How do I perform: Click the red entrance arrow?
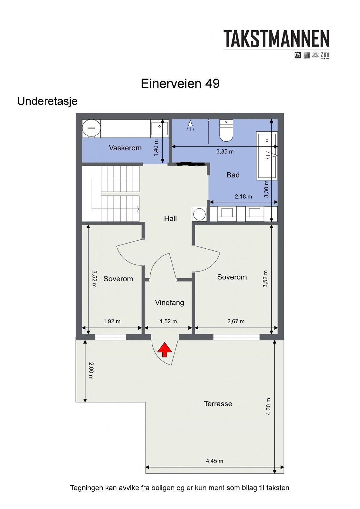165,350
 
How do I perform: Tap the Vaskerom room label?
125,148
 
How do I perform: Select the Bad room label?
233,175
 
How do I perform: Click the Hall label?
170,218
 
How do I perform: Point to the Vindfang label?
169,302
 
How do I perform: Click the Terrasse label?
218,404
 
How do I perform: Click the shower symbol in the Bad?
190,125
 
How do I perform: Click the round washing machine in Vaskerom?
91,128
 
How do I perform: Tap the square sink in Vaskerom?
159,129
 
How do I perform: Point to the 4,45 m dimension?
214,461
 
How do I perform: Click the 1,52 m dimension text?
168,322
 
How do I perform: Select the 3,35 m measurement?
225,152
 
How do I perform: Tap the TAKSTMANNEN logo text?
276,39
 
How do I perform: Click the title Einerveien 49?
180,84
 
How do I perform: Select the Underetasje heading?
47,101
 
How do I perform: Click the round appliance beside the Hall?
199,214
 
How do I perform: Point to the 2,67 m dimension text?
236,322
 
